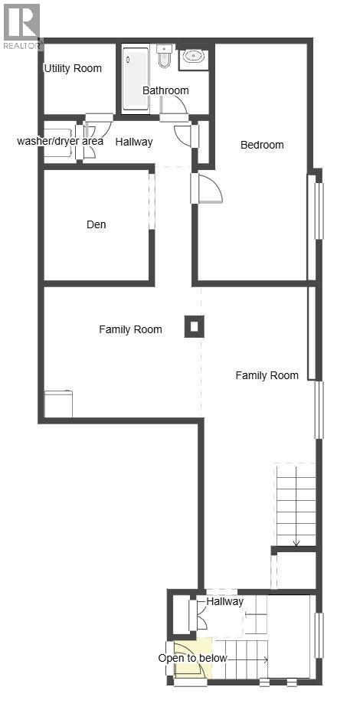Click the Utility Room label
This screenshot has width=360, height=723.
[73, 68]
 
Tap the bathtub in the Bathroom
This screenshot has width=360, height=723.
[136, 79]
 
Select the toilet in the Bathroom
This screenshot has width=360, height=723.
[164, 56]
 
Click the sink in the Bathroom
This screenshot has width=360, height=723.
[193, 55]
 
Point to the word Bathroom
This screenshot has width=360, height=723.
[165, 90]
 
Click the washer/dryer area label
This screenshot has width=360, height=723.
[60, 142]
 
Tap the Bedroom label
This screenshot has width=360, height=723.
[262, 145]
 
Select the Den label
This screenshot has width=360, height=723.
[97, 224]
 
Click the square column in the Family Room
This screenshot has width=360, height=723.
[194, 327]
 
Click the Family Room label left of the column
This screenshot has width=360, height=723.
[130, 329]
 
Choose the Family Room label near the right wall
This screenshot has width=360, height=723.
[267, 375]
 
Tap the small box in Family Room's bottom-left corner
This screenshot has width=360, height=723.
[58, 404]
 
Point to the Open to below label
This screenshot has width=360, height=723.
[192, 658]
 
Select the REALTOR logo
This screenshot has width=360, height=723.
[21, 25]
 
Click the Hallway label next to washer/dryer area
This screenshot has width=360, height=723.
[134, 142]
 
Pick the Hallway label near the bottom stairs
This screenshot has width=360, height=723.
[225, 601]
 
